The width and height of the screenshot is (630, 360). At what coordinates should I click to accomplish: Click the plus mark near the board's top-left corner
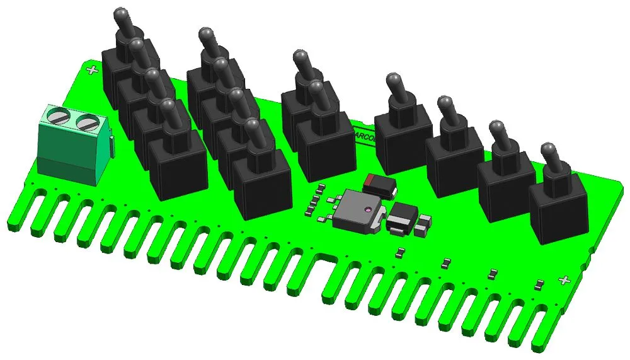[x=93, y=70]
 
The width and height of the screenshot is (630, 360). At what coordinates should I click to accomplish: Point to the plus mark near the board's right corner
[x=564, y=280]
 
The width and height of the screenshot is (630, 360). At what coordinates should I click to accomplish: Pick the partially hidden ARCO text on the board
[x=365, y=134]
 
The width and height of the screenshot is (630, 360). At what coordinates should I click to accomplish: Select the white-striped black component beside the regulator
[x=400, y=219]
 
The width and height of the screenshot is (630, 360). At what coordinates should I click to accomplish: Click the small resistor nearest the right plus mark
[x=539, y=284]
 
